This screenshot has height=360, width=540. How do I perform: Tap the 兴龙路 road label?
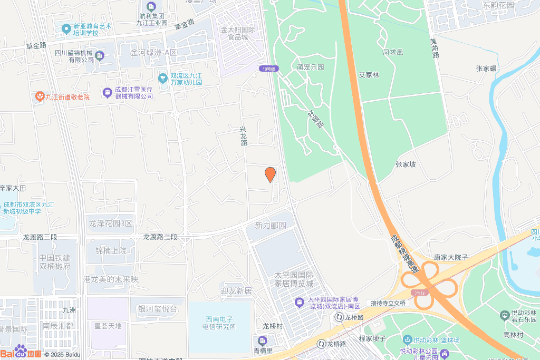243,136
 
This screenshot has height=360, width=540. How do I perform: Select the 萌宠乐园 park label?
310,67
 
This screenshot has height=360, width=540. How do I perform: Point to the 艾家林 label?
369,75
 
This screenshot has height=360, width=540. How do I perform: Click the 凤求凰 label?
393,52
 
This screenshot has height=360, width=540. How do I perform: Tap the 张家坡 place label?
406,164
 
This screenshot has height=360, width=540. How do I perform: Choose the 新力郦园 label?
271,226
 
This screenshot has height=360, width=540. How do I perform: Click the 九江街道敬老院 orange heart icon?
40,96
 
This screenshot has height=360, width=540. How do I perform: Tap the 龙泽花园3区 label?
111,223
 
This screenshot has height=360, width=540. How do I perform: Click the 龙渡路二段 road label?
160,237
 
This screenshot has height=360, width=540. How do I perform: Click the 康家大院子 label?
451,257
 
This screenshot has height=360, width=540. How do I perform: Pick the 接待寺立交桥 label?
388,303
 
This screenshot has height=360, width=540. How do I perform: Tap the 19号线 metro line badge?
268,69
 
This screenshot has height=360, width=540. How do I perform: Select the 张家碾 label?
486,69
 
